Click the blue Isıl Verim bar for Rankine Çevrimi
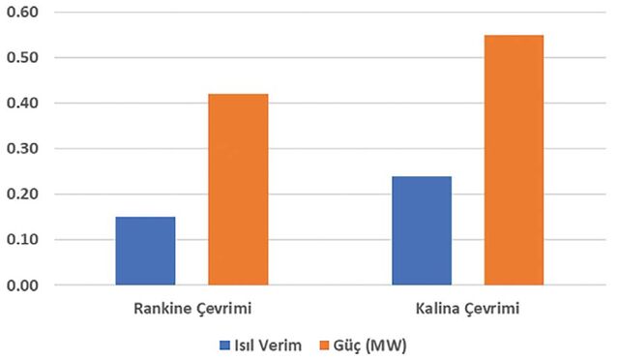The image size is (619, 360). (145, 251)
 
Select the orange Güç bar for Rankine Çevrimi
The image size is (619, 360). (238, 190)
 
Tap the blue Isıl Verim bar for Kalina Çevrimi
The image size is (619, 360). (422, 230)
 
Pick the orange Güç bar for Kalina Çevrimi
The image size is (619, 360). (514, 160)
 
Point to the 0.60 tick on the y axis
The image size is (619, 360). (22, 12)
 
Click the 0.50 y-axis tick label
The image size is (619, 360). (22, 57)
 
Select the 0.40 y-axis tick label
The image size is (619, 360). (22, 104)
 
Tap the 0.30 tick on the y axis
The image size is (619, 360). (22, 149)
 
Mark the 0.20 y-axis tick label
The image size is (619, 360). (22, 194)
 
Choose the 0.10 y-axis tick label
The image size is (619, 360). (22, 239)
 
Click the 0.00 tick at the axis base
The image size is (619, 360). (22, 285)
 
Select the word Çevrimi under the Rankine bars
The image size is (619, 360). (223, 309)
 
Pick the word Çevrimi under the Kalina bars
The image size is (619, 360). (491, 309)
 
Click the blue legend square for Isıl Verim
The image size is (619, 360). (224, 345)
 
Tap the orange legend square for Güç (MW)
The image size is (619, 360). (324, 345)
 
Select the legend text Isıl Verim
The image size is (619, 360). (268, 345)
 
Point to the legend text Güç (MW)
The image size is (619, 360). (369, 345)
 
